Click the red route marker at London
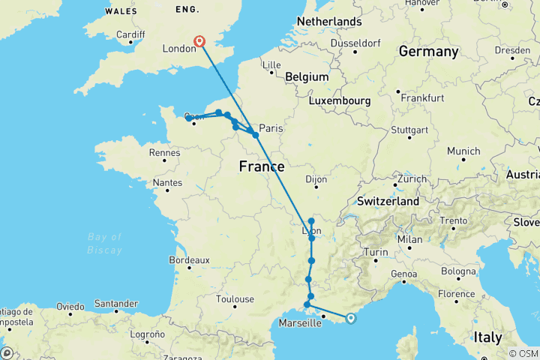[200, 42]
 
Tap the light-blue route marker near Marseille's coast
[350, 318]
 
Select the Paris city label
[271, 127]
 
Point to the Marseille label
[299, 323]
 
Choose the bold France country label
[261, 166]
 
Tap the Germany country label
[428, 52]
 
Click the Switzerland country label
[388, 202]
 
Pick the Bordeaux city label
[188, 259]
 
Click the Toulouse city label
[234, 298]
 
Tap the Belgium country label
[306, 76]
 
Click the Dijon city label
[319, 179]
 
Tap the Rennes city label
[164, 152]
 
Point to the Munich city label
[463, 151]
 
